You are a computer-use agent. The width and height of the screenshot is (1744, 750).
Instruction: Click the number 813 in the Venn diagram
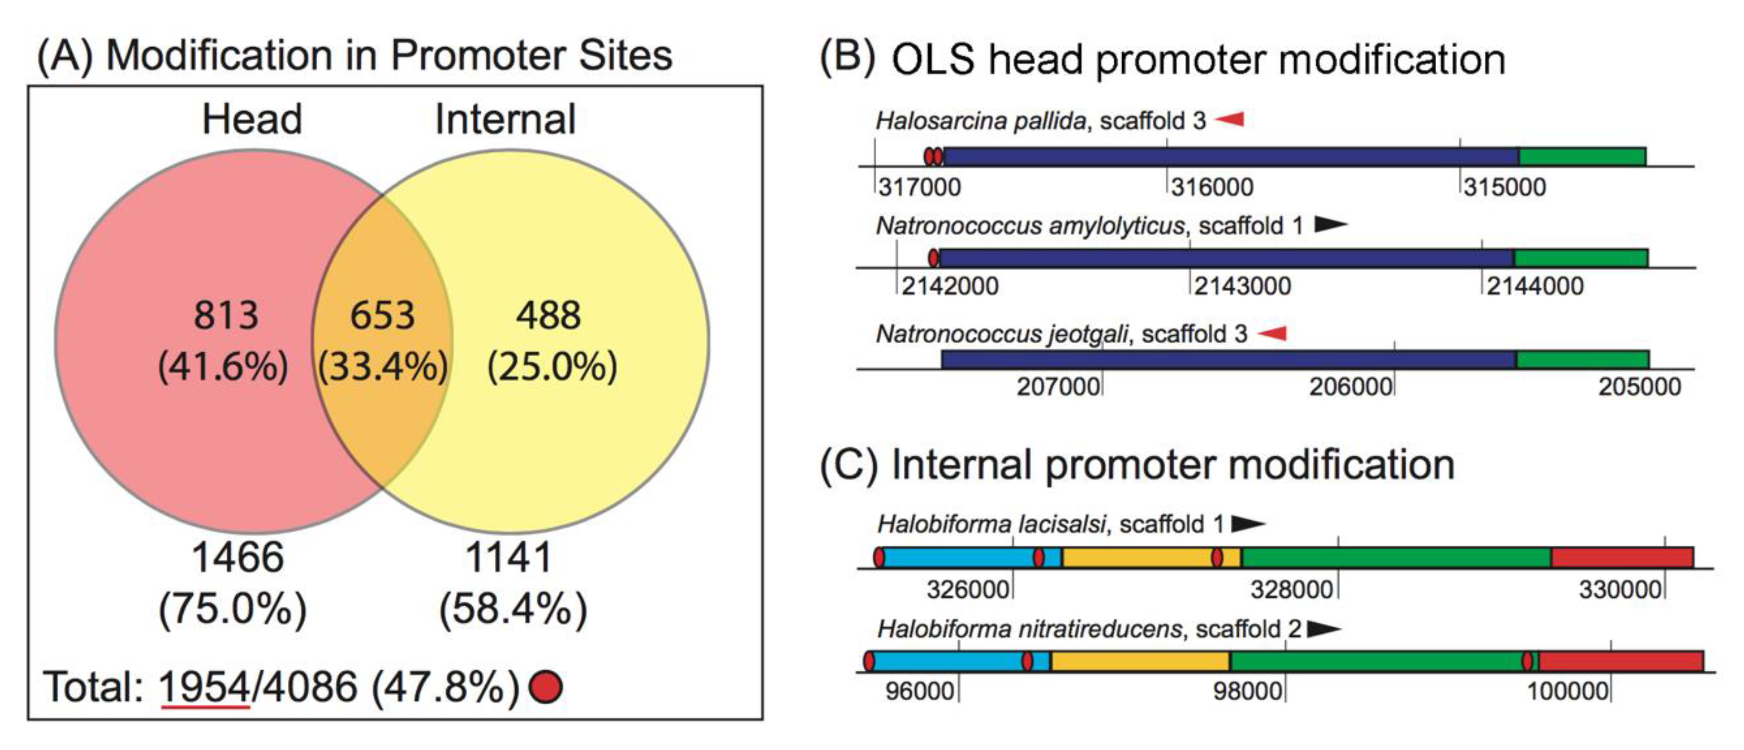point(226,315)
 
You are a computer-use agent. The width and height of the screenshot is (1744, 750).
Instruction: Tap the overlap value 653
point(383,315)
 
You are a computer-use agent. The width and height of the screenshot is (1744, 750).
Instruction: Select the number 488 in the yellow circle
point(548,315)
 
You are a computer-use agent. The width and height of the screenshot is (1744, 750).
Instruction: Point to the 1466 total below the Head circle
point(238,558)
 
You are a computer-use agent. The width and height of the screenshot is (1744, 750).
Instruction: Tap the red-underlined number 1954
point(205,687)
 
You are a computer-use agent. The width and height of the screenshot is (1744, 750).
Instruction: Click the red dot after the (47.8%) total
point(546,687)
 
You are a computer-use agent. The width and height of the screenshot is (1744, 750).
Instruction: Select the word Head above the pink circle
point(252,119)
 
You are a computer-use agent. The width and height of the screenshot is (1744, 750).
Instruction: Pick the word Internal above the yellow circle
point(505,119)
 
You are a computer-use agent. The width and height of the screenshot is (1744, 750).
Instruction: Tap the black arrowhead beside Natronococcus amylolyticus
point(1330,224)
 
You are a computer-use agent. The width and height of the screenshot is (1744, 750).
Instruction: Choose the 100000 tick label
point(1567,692)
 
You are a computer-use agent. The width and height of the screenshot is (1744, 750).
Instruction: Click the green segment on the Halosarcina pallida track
point(1582,157)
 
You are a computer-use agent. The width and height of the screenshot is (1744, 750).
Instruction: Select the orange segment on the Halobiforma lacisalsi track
point(1138,558)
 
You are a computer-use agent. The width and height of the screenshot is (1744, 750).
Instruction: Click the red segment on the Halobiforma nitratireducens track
point(1621,661)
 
